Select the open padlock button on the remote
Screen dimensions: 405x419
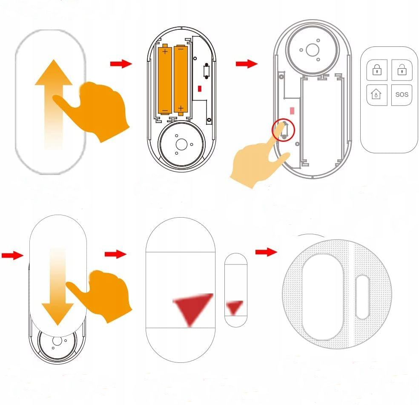tap(402, 70)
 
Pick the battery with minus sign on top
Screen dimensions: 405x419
tap(181, 79)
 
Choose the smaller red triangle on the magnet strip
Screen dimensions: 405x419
tap(235, 307)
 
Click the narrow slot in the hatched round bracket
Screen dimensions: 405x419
tap(362, 297)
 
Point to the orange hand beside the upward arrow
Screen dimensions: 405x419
tap(102, 109)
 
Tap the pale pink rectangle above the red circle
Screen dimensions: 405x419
tap(292, 110)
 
